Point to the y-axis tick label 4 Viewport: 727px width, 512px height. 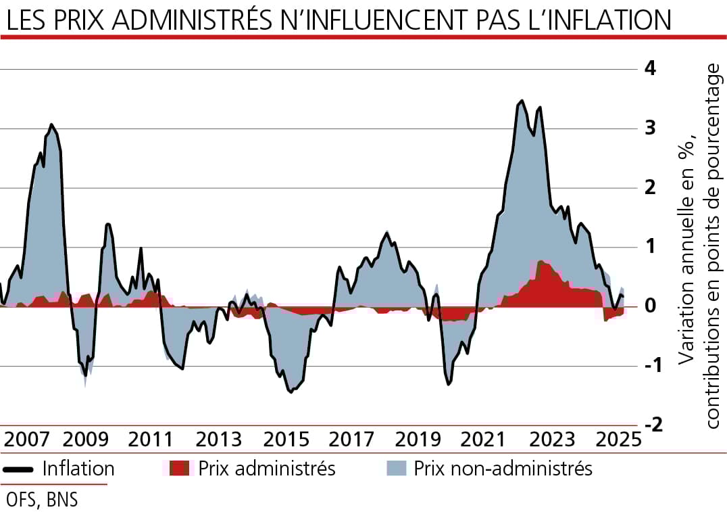click(x=651, y=68)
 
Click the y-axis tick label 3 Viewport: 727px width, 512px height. click(x=651, y=128)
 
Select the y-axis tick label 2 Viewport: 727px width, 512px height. click(x=651, y=187)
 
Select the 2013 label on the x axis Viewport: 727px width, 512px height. click(x=219, y=440)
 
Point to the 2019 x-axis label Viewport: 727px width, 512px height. click(x=417, y=440)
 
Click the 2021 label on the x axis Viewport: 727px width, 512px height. click(x=483, y=440)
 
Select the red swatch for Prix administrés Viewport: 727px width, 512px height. click(x=178, y=468)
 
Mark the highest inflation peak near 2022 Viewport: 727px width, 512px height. click(x=520, y=101)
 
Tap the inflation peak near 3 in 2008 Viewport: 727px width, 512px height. click(x=51, y=124)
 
